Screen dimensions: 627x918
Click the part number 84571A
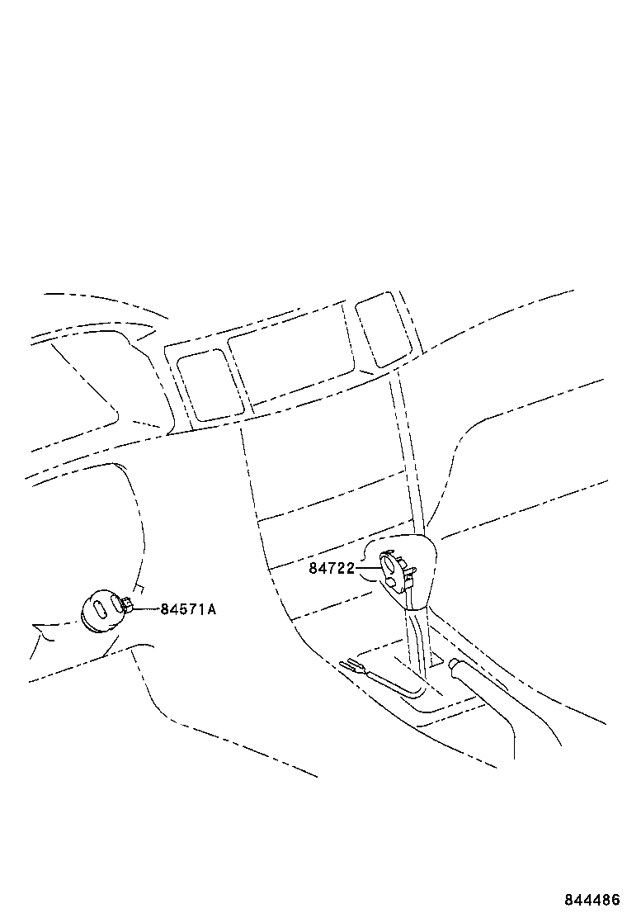(188, 609)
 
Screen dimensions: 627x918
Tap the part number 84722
(332, 568)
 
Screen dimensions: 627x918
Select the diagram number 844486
(592, 900)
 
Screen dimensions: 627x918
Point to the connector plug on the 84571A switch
(127, 603)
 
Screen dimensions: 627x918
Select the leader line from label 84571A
(148, 609)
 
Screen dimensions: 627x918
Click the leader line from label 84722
(367, 568)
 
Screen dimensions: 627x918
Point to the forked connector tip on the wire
(351, 665)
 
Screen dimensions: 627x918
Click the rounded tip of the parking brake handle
(454, 664)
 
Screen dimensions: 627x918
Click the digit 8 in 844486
(569, 900)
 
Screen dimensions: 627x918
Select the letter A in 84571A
(212, 609)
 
